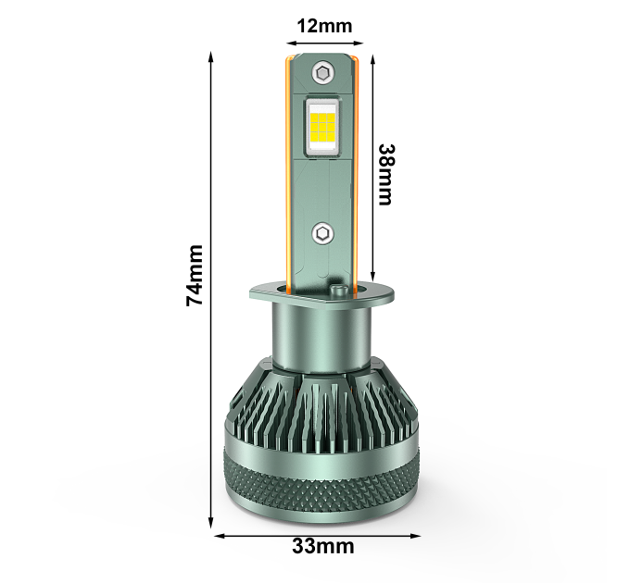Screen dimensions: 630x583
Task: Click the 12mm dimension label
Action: click(324, 27)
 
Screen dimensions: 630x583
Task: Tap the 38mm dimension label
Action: click(387, 175)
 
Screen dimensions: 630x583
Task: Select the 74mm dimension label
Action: click(195, 276)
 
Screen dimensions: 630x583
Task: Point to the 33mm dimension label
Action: click(323, 547)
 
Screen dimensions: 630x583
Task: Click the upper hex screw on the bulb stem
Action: click(323, 73)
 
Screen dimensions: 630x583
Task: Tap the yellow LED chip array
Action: click(323, 127)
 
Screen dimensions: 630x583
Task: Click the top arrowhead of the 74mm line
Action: click(210, 57)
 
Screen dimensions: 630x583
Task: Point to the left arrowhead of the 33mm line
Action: click(220, 536)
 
